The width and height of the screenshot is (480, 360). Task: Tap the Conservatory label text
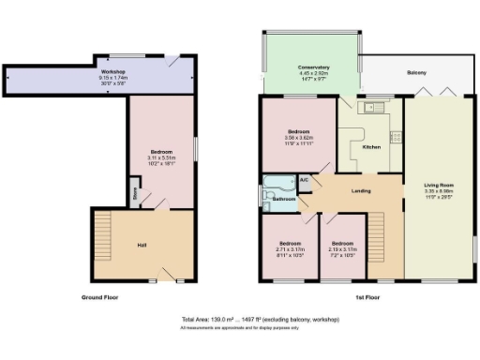tap(313, 67)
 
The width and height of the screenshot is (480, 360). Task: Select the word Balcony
tap(416, 73)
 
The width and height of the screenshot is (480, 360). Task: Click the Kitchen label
tap(370, 147)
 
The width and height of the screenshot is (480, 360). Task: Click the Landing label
tap(360, 191)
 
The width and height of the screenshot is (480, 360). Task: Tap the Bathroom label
tap(284, 199)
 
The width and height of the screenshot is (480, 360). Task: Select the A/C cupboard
tap(304, 179)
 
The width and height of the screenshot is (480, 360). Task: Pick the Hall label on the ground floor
tap(142, 246)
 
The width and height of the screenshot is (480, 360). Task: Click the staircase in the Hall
tap(103, 246)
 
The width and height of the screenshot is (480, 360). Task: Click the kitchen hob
tap(396, 138)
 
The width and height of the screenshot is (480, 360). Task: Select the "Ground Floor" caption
tap(98, 297)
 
